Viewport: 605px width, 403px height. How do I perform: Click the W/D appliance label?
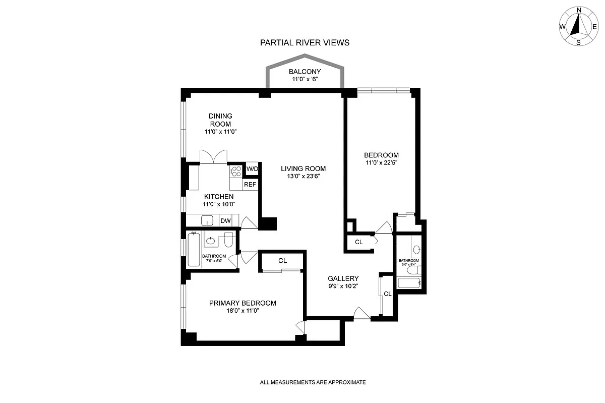tap(252, 169)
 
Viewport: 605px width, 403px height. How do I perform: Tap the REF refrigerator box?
tap(250, 184)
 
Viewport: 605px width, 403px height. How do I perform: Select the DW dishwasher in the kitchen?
tap(225, 220)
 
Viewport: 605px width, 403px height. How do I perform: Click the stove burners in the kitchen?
tap(236, 171)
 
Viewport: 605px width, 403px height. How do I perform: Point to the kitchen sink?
tap(207, 220)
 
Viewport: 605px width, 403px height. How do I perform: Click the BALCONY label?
tap(305, 72)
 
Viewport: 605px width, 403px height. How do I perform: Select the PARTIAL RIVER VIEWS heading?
tap(305, 43)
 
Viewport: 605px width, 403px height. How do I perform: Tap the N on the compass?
tap(579, 10)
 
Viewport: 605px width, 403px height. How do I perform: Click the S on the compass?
tap(579, 43)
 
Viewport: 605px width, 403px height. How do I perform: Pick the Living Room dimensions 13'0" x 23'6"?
tap(304, 176)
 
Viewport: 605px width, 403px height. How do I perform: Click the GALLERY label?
tap(343, 278)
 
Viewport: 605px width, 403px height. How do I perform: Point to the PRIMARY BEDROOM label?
tap(243, 303)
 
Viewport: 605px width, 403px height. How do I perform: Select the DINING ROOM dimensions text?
tap(221, 132)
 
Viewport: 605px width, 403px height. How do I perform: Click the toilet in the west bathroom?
tap(228, 240)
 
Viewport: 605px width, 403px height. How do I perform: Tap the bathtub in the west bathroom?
tap(194, 249)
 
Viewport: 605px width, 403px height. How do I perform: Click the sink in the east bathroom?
tap(417, 250)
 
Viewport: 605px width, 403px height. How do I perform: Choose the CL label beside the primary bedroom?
tap(282, 261)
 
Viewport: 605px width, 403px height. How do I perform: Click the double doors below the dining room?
tap(213, 157)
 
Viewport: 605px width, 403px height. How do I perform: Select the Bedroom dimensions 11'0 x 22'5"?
tap(381, 163)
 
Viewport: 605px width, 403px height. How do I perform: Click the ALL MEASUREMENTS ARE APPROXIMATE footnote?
tap(313, 382)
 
